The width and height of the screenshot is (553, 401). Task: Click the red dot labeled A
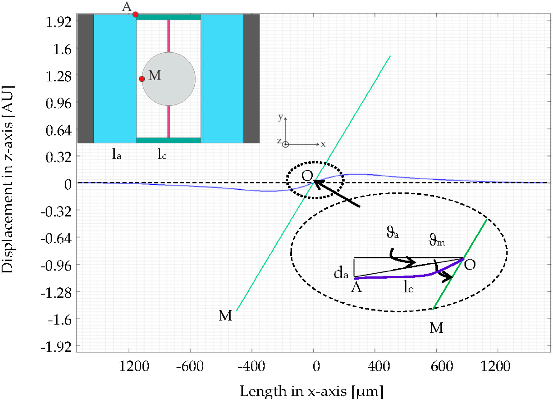(x=135, y=15)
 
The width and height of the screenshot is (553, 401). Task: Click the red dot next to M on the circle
(x=142, y=79)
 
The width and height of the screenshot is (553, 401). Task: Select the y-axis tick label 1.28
(x=58, y=76)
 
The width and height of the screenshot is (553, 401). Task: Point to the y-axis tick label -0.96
(x=56, y=266)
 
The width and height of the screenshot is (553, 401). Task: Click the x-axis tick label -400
(x=251, y=366)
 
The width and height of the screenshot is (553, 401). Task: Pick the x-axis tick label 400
(x=379, y=366)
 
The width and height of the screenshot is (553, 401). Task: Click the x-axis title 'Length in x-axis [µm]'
(x=311, y=391)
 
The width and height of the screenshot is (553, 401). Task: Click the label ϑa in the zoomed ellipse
(x=392, y=232)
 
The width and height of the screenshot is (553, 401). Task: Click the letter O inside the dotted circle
(x=307, y=175)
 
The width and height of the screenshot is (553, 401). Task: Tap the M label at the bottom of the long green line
(x=225, y=315)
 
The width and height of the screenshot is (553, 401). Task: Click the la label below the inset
(x=117, y=154)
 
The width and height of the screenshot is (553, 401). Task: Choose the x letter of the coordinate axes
(x=323, y=144)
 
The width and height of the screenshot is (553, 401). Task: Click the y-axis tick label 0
(x=68, y=184)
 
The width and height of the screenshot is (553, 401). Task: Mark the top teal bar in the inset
(x=168, y=17)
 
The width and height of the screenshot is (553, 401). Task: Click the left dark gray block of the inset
(x=86, y=79)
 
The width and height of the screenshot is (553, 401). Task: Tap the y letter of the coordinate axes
(x=281, y=117)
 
